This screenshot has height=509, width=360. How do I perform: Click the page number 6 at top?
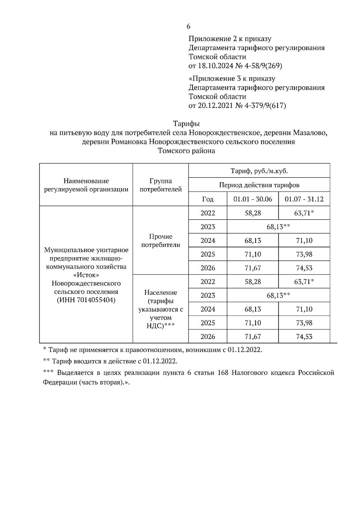pos(188,26)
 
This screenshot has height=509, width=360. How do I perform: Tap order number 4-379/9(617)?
pos(265,106)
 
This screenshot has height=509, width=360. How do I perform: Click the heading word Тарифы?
pos(186,124)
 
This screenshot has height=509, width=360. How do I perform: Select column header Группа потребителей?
pos(160,185)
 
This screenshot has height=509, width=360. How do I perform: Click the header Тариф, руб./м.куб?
pos(259,171)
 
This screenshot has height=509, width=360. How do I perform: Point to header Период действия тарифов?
pos(259,185)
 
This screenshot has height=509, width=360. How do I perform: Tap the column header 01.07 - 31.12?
pos(304,199)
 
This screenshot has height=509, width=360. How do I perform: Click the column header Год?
pos(208,199)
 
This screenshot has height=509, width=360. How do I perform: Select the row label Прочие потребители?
pos(160,241)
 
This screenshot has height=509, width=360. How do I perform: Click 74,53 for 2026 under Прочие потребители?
pos(304,268)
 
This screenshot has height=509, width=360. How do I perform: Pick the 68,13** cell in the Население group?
pos(278,296)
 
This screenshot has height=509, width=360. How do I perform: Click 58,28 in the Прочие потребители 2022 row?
pos(253,213)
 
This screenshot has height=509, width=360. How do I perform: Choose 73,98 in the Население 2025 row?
pos(304,323)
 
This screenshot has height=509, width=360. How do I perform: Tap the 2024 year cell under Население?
pos(208,309)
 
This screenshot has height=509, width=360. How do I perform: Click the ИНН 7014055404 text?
pos(86,300)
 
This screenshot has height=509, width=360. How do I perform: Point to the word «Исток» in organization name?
pos(86,275)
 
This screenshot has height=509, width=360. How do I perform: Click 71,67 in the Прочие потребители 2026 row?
pos(253,268)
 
